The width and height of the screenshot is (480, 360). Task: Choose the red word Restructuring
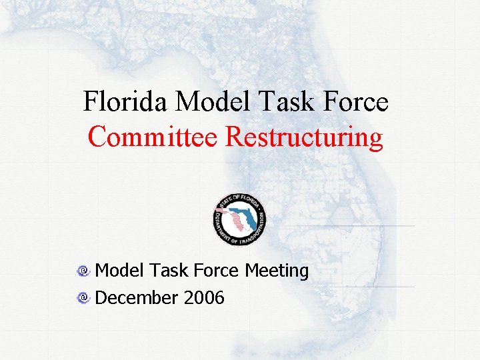(x=305, y=137)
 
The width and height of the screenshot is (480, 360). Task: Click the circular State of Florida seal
(x=239, y=219)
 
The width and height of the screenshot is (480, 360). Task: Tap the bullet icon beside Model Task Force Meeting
(x=83, y=271)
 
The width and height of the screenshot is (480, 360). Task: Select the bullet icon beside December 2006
(x=83, y=298)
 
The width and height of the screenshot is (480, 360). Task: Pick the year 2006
(x=204, y=297)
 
